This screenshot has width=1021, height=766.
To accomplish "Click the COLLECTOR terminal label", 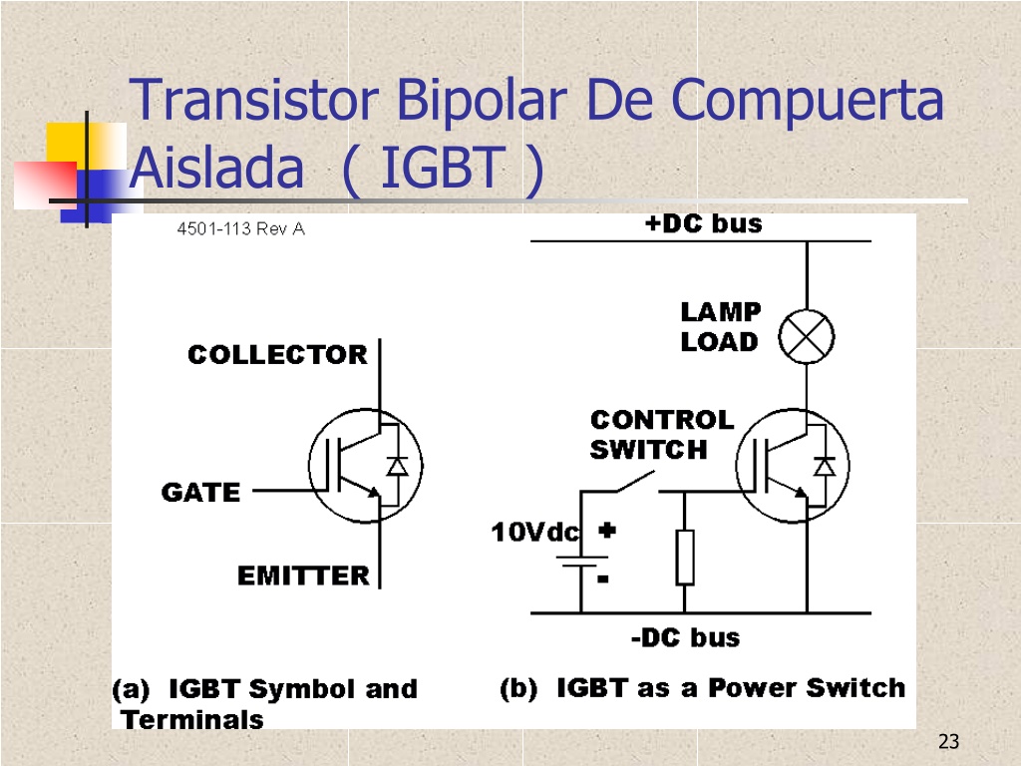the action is (x=277, y=355).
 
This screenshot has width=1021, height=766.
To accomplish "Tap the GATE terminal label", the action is (x=200, y=493).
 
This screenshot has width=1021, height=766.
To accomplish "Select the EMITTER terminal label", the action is (x=303, y=575).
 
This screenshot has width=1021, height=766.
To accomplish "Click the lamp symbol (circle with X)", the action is (x=806, y=337).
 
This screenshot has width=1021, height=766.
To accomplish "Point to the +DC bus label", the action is (x=703, y=223).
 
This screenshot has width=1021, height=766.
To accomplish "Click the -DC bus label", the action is (x=686, y=637).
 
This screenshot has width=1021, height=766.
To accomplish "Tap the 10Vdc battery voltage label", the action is (x=534, y=533).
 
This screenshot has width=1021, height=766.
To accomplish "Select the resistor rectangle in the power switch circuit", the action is (x=684, y=558).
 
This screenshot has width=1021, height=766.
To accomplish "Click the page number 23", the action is (x=949, y=741).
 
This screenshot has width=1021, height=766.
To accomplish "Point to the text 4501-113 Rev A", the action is (x=241, y=228).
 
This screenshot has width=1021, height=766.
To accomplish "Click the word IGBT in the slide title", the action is (x=443, y=168).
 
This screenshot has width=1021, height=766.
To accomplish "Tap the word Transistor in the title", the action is (x=254, y=100).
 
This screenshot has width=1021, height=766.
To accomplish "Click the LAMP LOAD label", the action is (x=720, y=327).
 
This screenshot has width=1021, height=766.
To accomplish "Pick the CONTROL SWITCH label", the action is (x=662, y=435).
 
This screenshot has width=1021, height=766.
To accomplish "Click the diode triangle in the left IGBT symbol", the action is (x=397, y=467).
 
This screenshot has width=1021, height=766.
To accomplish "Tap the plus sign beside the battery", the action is (x=607, y=531).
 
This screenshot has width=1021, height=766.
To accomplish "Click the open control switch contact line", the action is (x=635, y=482).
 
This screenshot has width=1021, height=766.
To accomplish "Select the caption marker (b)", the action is (x=518, y=688).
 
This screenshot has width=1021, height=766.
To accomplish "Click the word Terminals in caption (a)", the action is (x=192, y=720).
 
